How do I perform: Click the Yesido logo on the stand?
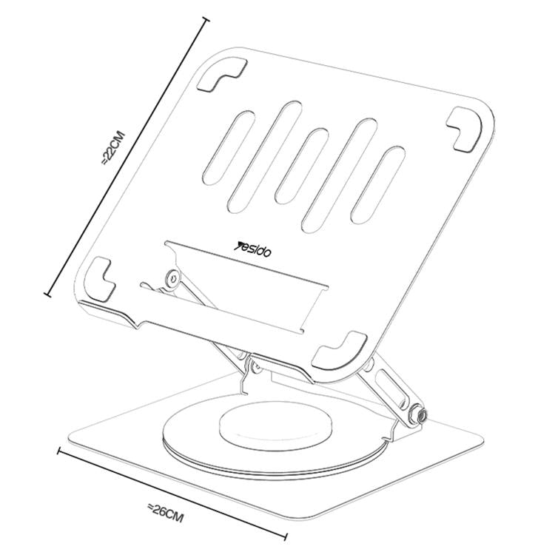(253, 249)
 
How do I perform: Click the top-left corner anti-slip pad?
(221, 75)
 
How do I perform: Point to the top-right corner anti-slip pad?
(465, 130)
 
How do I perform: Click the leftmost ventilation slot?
(229, 147)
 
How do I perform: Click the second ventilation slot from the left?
(265, 158)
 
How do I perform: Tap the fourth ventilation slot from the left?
(339, 175)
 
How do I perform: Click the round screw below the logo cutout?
(173, 278)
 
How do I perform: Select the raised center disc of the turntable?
(276, 424)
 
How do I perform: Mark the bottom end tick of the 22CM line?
(48, 294)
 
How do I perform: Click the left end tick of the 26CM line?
(59, 451)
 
